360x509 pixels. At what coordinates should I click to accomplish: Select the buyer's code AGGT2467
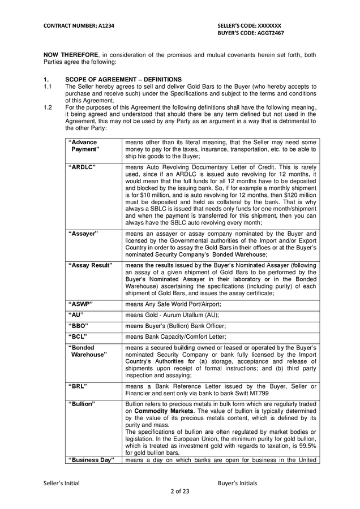[251, 33]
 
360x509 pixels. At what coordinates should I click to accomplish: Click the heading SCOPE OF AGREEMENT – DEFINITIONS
[123, 79]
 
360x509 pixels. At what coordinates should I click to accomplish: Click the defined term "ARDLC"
[82, 167]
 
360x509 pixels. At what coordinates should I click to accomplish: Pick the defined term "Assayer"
[83, 233]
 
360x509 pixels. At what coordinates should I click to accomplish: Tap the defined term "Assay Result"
[90, 265]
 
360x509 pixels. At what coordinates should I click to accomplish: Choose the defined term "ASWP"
[80, 304]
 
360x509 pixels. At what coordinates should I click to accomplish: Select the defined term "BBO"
[78, 326]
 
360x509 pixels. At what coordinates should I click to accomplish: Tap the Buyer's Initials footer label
[237, 483]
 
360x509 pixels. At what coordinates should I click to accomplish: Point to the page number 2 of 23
[179, 491]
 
